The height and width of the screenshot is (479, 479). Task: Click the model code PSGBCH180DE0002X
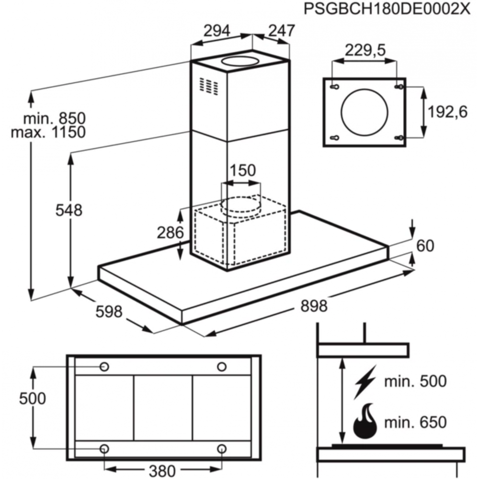(x=387, y=9)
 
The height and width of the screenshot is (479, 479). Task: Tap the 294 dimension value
(x=217, y=31)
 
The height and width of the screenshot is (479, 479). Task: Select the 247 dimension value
(x=281, y=31)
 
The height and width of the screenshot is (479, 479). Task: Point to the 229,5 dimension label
(x=365, y=50)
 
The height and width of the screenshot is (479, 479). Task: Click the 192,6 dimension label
(x=447, y=112)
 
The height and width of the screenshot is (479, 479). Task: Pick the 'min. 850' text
(x=55, y=118)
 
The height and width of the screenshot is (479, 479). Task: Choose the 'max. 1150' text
(x=48, y=133)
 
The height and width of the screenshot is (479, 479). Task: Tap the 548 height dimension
(x=69, y=210)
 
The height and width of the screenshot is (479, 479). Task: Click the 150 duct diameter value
(x=242, y=171)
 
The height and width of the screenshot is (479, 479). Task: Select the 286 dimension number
(x=171, y=233)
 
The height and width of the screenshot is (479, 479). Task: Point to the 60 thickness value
(x=425, y=246)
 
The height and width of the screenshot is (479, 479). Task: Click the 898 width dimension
(x=314, y=306)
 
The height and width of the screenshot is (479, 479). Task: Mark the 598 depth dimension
(x=109, y=312)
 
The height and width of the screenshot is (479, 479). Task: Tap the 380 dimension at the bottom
(x=162, y=471)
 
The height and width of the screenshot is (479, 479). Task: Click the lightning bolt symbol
(x=365, y=382)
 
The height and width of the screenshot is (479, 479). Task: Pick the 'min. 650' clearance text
(x=415, y=422)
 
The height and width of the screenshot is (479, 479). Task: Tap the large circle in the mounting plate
(x=365, y=113)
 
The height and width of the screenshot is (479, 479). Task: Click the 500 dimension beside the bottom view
(x=33, y=399)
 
